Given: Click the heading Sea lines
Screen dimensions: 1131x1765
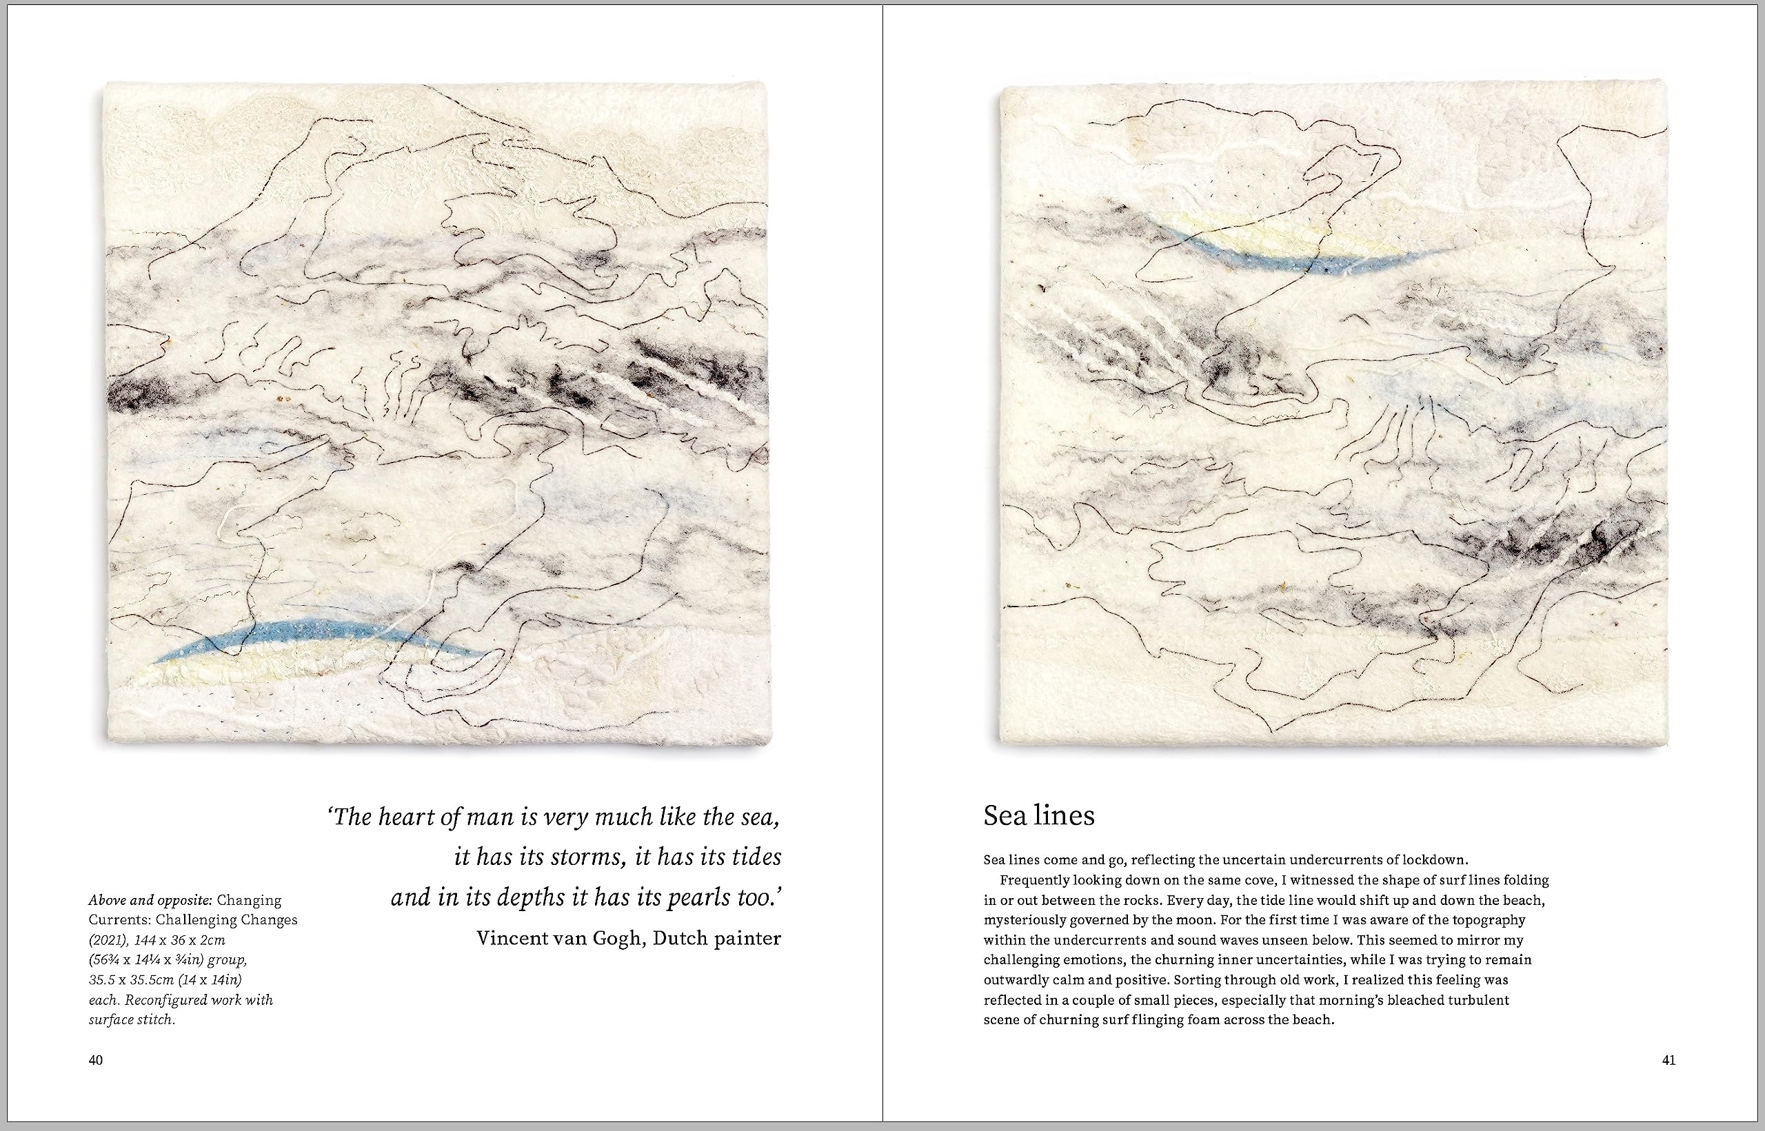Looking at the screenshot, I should click(x=1038, y=816).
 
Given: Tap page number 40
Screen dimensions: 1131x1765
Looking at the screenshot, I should click(x=95, y=1060).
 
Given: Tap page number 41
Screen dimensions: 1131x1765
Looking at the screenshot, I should click(x=1668, y=1060).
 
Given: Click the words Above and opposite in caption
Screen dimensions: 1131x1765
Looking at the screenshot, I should click(x=150, y=900).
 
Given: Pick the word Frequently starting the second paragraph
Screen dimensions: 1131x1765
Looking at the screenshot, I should click(x=1035, y=880).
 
